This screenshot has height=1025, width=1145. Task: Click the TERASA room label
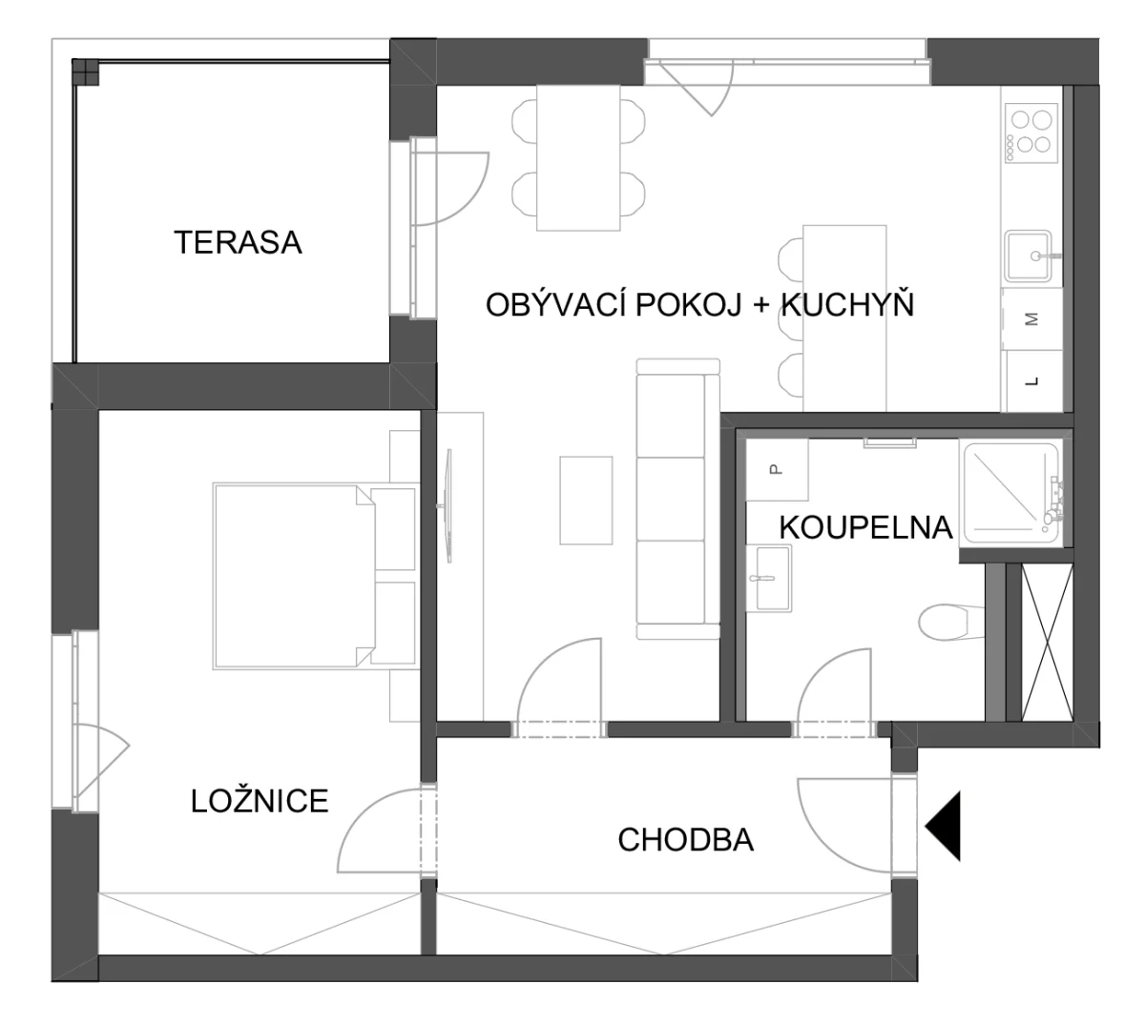click(x=238, y=242)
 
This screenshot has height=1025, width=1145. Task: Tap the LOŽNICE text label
click(x=260, y=801)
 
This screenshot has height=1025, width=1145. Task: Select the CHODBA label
click(x=685, y=840)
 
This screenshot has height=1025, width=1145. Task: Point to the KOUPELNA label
click(x=865, y=527)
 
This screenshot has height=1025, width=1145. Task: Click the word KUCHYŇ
click(x=847, y=304)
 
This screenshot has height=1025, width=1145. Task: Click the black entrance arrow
click(x=943, y=826)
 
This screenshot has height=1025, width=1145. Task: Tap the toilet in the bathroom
click(x=950, y=623)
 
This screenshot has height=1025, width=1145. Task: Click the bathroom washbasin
click(x=769, y=579)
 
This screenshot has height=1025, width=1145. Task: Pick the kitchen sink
click(x=1028, y=256)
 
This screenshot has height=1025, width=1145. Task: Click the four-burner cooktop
click(x=1031, y=133)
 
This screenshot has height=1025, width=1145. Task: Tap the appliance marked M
click(x=1032, y=319)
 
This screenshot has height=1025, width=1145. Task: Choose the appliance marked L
click(x=1032, y=381)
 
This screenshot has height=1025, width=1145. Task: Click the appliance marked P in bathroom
click(x=777, y=469)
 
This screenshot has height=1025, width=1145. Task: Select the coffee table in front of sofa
click(x=586, y=501)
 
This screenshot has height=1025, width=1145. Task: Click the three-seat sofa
click(x=678, y=499)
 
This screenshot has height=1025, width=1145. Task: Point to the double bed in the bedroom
click(x=315, y=576)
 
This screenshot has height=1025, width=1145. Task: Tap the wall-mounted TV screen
click(x=448, y=506)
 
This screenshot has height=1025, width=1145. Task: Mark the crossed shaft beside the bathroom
click(x=1048, y=643)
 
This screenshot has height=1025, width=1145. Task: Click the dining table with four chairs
click(x=578, y=158)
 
